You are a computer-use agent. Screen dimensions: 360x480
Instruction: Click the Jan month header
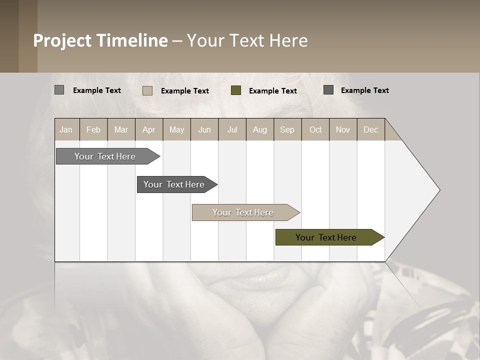tap(66, 129)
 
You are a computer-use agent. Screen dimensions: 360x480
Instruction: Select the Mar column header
tap(121, 129)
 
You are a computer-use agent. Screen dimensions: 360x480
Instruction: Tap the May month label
tap(176, 129)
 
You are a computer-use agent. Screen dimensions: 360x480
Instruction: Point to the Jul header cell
tap(232, 129)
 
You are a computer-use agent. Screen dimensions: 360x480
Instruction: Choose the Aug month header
tap(259, 129)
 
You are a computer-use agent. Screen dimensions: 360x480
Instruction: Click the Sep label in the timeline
tap(287, 129)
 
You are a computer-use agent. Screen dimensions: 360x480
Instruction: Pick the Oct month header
tap(315, 129)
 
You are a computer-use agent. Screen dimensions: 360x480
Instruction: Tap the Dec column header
tap(370, 129)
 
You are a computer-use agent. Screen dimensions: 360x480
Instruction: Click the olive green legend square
tap(236, 90)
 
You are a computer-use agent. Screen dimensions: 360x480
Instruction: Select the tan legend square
tap(147, 90)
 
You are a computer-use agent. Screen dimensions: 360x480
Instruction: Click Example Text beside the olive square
tap(273, 91)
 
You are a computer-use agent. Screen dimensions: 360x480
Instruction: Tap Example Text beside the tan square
tap(185, 91)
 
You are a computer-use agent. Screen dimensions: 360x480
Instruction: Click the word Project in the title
tap(63, 40)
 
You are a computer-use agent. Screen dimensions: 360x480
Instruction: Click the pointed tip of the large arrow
tap(438, 190)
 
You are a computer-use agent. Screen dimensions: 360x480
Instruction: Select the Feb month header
tap(93, 129)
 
